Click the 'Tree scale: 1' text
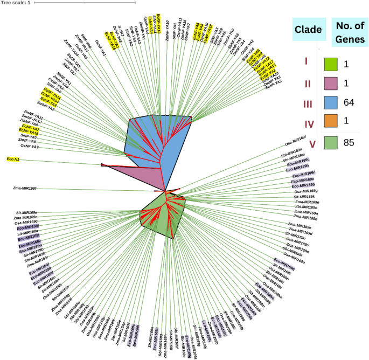pyautogui.click(x=15, y=3)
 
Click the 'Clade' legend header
pyautogui.click(x=308, y=29)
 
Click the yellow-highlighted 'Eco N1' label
pyautogui.click(x=13, y=160)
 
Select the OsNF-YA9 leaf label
pyautogui.click(x=30, y=146)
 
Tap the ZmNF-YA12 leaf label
pyautogui.click(x=33, y=121)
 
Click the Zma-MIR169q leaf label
pyautogui.click(x=307, y=213)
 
